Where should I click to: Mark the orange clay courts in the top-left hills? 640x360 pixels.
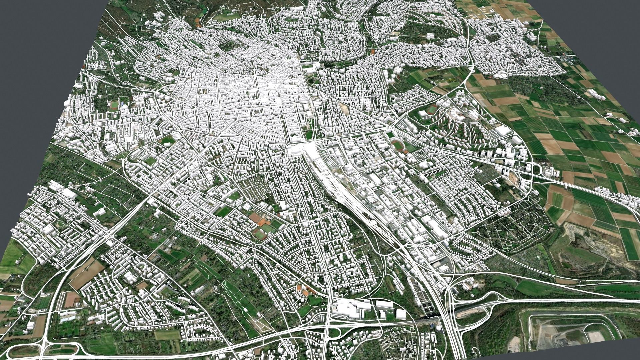pyautogui.click(x=198, y=22)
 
